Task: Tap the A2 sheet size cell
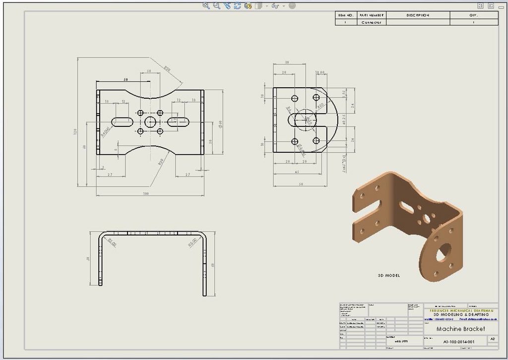pyautogui.click(x=492, y=339)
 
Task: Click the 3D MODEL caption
pyautogui.click(x=388, y=275)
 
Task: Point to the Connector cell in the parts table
pyautogui.click(x=371, y=22)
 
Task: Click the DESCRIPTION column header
pyautogui.click(x=417, y=15)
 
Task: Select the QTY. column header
pyautogui.click(x=473, y=15)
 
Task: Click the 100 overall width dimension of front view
pyautogui.click(x=145, y=193)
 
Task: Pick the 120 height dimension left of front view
pyautogui.click(x=76, y=132)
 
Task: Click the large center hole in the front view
pyautogui.click(x=150, y=121)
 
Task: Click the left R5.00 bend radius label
pyautogui.click(x=112, y=242)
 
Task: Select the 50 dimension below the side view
pyautogui.click(x=301, y=184)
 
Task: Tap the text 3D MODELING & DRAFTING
pyautogui.click(x=461, y=314)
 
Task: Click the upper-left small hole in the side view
pyautogui.click(x=295, y=98)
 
